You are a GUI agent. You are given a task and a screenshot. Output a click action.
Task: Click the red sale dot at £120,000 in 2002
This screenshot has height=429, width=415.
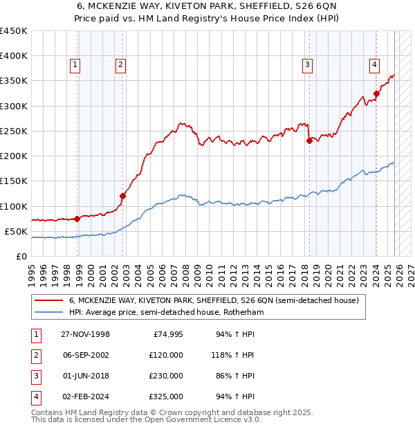[122, 196]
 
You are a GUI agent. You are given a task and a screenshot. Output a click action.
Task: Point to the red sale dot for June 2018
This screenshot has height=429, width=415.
[309, 140]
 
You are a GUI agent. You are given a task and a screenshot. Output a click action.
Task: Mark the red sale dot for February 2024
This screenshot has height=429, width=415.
[376, 93]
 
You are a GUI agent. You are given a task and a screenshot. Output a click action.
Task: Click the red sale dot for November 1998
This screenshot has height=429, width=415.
[77, 219]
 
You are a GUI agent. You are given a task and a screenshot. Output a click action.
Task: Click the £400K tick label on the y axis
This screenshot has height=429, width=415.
[14, 56]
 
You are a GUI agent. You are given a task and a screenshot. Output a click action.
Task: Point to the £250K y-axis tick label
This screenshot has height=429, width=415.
[14, 131]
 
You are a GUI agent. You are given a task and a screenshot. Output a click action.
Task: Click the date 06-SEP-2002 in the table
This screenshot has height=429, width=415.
[86, 355]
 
